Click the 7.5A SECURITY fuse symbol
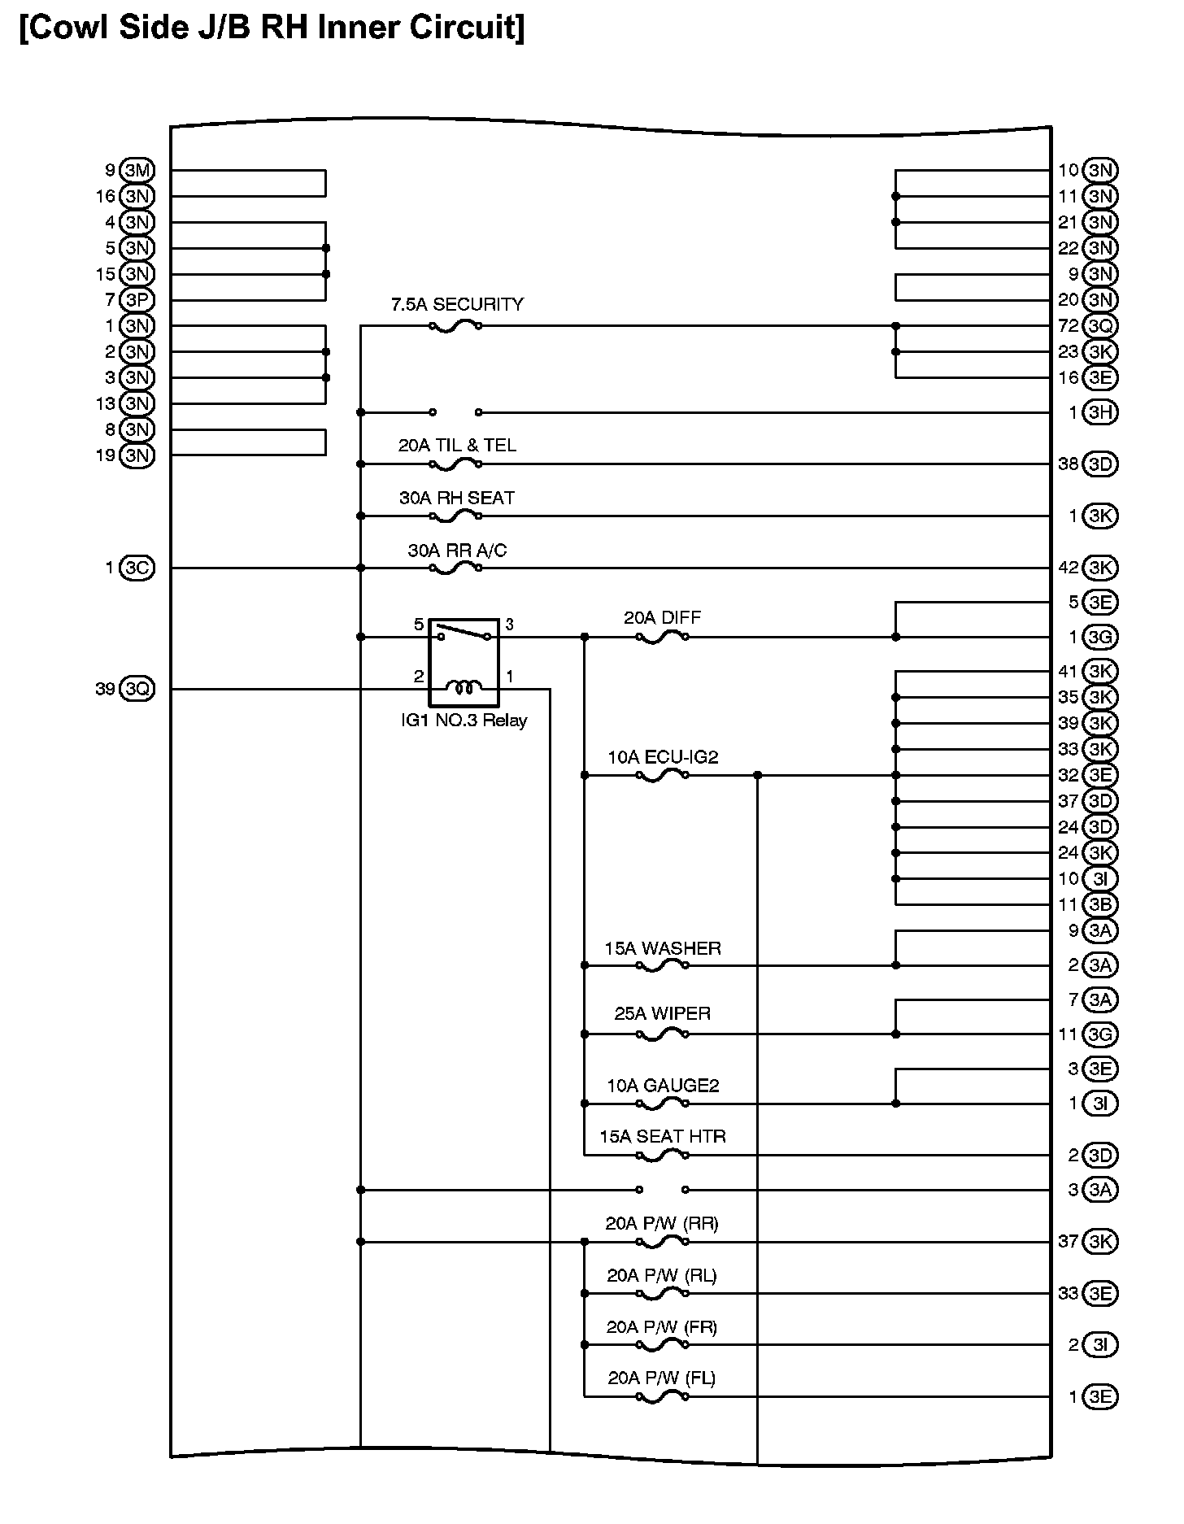pyautogui.click(x=455, y=326)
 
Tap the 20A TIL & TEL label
pyautogui.click(x=457, y=446)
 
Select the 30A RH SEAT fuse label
pyautogui.click(x=457, y=498)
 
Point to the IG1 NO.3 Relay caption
pyautogui.click(x=464, y=721)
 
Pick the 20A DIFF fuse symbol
pyautogui.click(x=662, y=638)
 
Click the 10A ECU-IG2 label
pyautogui.click(x=663, y=758)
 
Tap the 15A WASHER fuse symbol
pyautogui.click(x=663, y=966)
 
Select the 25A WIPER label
pyautogui.click(x=663, y=1014)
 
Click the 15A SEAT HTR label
pyautogui.click(x=663, y=1137)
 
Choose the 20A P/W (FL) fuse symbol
pyautogui.click(x=663, y=1397)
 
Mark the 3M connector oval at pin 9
pyautogui.click(x=137, y=171)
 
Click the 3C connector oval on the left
pyautogui.click(x=137, y=568)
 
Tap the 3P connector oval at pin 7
pyautogui.click(x=137, y=300)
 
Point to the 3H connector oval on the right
pyautogui.click(x=1100, y=412)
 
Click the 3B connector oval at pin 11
pyautogui.click(x=1100, y=904)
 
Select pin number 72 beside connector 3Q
pyautogui.click(x=1068, y=326)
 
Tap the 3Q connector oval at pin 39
pyautogui.click(x=137, y=690)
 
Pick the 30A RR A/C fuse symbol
pyautogui.click(x=455, y=568)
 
